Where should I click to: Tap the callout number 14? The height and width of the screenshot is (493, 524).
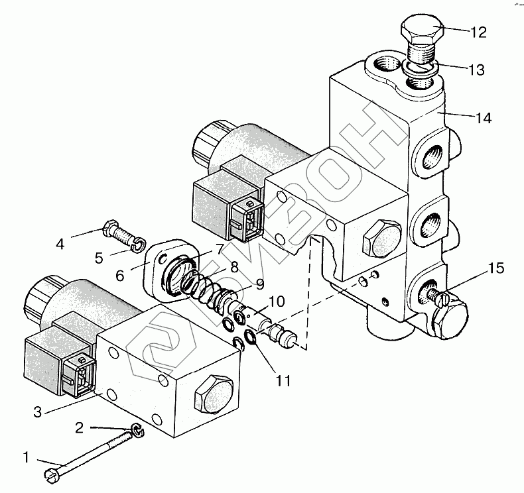483,119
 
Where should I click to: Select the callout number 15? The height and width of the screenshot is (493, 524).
497,268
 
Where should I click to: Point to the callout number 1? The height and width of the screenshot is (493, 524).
27,457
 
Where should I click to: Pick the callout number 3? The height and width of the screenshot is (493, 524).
38,412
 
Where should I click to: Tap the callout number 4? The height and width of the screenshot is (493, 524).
60,244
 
